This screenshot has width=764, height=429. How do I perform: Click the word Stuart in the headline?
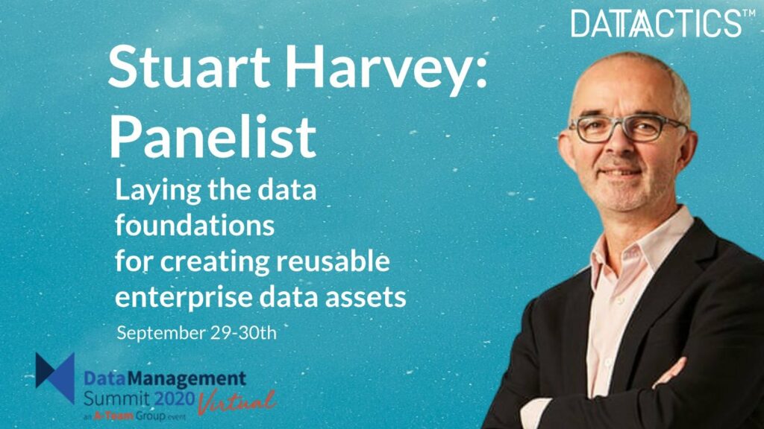coord(189,66)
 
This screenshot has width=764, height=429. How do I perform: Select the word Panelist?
coord(213,136)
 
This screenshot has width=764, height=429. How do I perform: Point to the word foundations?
coord(195,225)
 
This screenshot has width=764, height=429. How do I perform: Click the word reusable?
coord(334,261)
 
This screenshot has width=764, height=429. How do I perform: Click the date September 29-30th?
coord(196,333)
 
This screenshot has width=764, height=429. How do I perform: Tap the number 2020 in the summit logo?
coord(175,399)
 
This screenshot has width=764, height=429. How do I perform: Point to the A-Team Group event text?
coord(134,416)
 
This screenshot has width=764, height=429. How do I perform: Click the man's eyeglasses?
coord(628,127)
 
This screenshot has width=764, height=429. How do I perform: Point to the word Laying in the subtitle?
coord(158,191)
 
